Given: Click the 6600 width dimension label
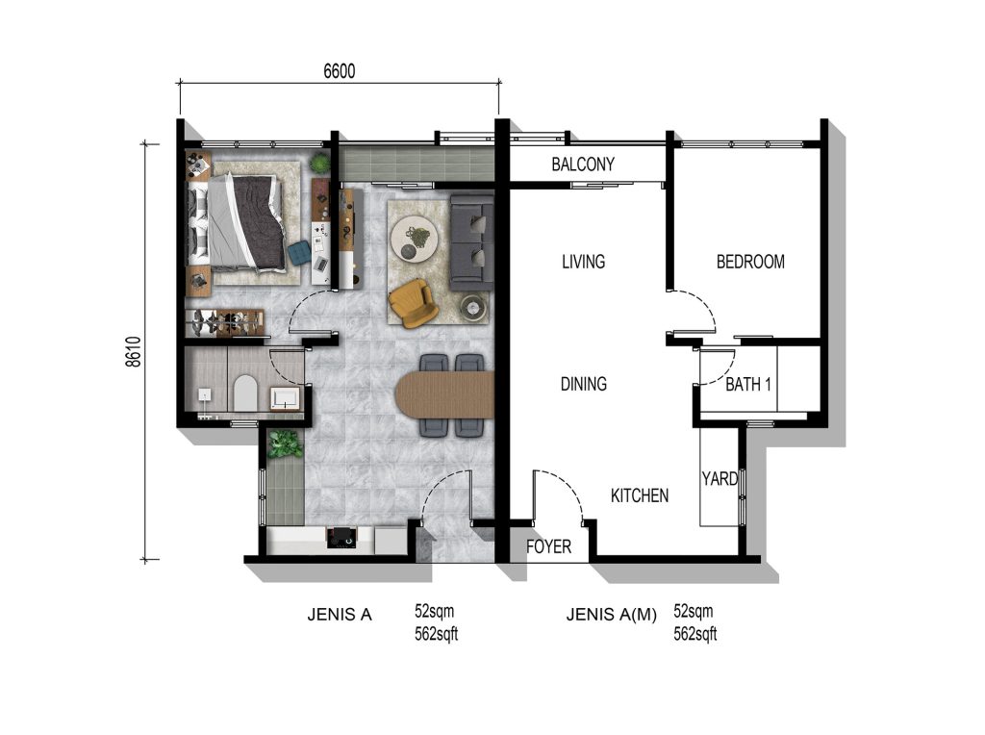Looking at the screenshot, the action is (x=340, y=71).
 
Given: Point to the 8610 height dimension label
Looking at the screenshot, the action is (x=133, y=352).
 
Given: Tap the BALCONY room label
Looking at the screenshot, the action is (x=583, y=165).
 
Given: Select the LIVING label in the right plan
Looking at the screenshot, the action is (x=584, y=262).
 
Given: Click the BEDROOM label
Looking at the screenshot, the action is (x=750, y=262).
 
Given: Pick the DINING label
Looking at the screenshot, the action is (x=584, y=384).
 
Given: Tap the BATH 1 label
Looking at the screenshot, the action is (x=748, y=384).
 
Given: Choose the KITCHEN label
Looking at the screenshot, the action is (x=640, y=495).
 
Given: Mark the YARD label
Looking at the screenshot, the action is (x=720, y=479).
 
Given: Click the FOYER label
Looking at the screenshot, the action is (x=549, y=546).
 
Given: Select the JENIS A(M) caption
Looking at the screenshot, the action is (x=611, y=615).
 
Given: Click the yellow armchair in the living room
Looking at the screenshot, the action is (x=412, y=303).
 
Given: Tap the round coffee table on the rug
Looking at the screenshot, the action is (x=415, y=239).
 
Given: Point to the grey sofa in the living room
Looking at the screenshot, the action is (x=471, y=242).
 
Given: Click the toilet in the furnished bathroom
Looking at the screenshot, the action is (x=245, y=393).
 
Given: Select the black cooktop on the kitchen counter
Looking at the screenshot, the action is (x=341, y=538).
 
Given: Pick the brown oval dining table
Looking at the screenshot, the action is (x=444, y=394).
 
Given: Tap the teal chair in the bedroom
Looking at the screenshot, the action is (x=300, y=253).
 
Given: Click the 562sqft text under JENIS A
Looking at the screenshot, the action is (x=436, y=635).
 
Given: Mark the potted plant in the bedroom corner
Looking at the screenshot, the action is (x=319, y=163).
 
